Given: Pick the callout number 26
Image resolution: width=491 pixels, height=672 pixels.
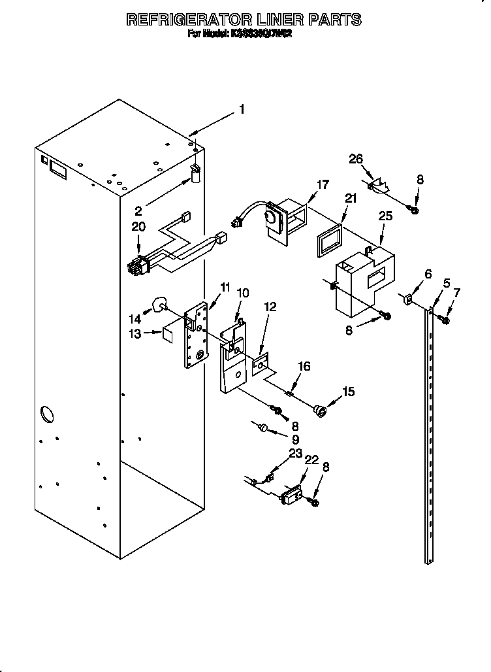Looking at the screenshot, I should coord(355,159).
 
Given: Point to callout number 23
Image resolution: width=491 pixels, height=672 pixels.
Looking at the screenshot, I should coord(295,452).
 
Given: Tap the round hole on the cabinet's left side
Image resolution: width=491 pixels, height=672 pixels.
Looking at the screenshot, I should coord(48,414).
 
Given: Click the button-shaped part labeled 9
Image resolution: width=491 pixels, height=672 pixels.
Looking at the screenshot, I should coord(262,428).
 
